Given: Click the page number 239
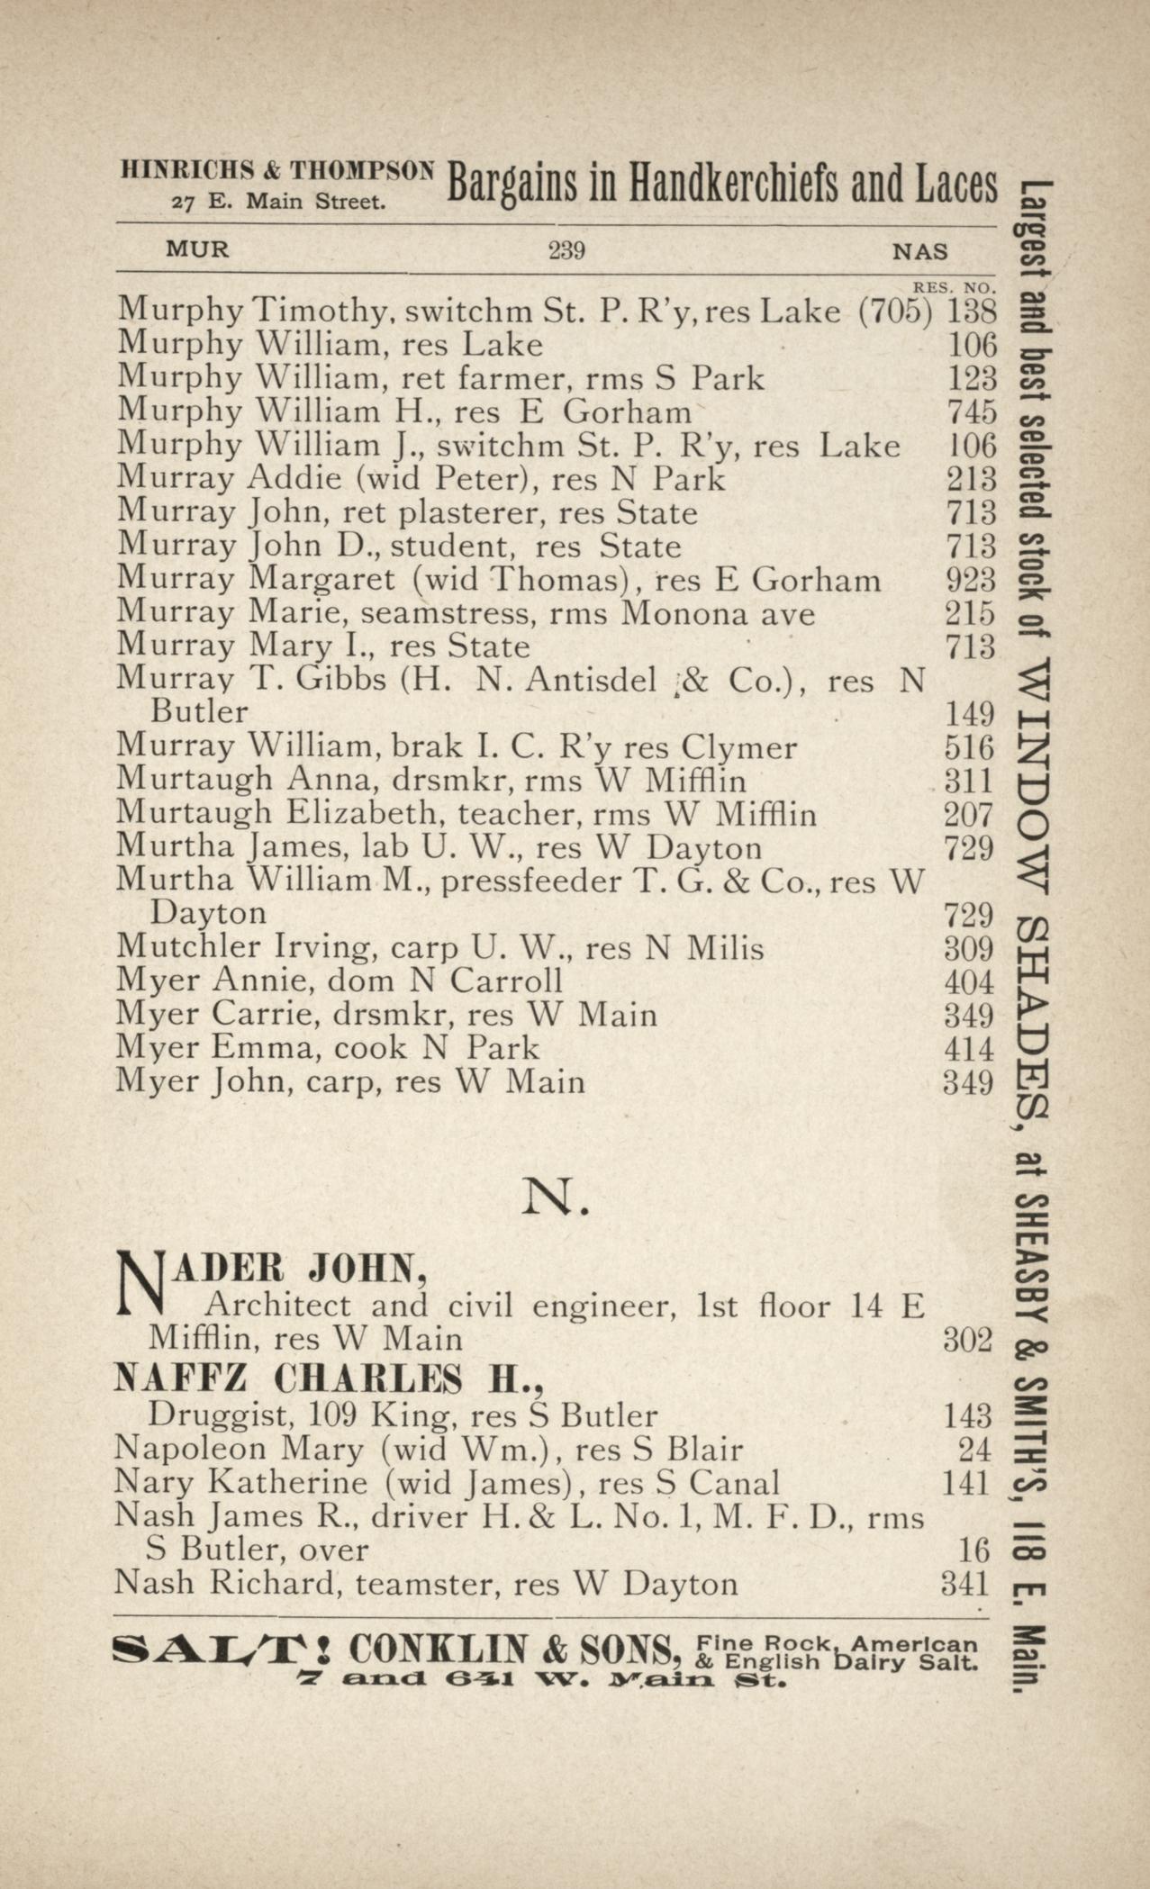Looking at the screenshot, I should [566, 249].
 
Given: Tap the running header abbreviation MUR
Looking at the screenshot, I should [197, 249].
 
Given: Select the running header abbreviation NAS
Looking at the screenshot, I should [919, 251].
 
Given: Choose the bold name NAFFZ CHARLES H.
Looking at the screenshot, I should [331, 1378].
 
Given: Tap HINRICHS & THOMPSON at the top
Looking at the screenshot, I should [277, 169].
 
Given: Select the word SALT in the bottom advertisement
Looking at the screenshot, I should [219, 1650].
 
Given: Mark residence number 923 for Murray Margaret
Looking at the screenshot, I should [970, 579].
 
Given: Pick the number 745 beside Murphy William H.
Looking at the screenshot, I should [972, 411].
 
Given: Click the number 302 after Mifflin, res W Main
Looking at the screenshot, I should [967, 1339].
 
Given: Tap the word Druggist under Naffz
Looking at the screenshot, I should [209, 1415].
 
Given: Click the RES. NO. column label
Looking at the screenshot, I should [954, 288].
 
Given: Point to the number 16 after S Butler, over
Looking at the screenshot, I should [973, 1550].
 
